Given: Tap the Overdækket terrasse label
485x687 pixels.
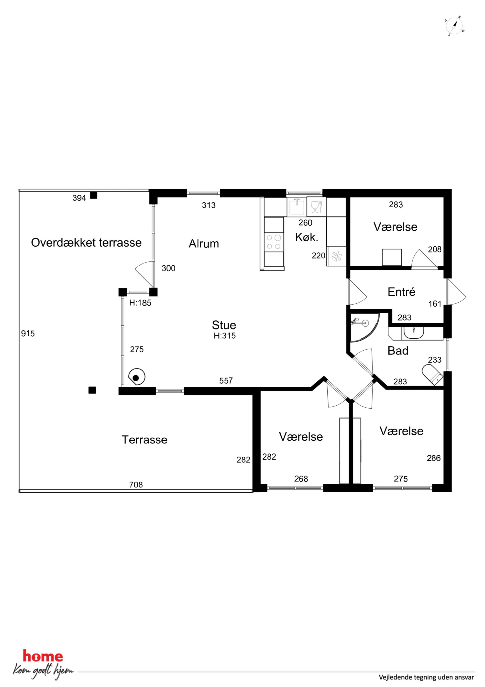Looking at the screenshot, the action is tap(86, 243).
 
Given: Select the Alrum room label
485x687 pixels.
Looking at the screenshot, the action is tap(204, 244).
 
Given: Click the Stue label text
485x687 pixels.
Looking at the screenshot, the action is tap(224, 325).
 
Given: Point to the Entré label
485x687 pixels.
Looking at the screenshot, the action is tap(401, 292).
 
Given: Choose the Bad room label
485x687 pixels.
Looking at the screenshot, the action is tap(398, 351).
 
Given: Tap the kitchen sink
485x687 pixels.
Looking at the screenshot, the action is tap(297, 207).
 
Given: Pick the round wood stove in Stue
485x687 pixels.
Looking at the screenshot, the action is tap(137, 377).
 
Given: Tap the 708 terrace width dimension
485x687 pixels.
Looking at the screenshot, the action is tap(136, 485).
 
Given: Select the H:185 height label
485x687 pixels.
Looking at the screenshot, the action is tap(140, 303).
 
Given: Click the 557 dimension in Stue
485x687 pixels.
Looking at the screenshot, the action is tap(226, 381).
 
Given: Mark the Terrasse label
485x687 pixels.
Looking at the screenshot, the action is tap(145, 440).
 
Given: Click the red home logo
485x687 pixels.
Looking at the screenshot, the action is tap(43, 656).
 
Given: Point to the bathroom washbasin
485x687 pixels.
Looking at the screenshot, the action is tap(413, 333).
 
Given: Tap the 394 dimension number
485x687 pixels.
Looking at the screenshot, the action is tap(79, 198).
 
